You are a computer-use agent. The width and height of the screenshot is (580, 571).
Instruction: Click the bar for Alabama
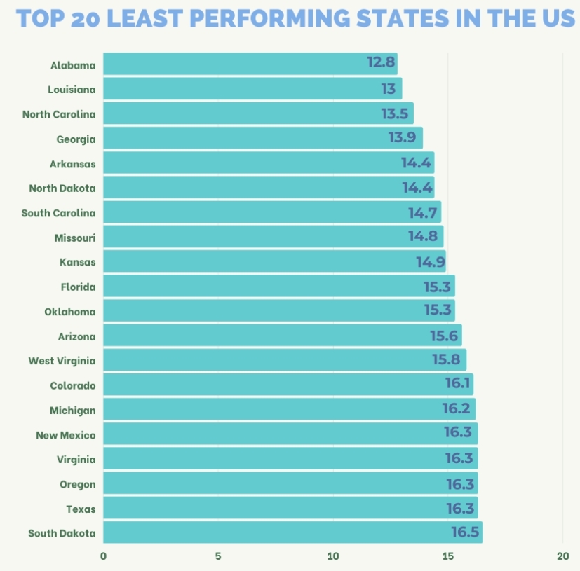coord(250,64)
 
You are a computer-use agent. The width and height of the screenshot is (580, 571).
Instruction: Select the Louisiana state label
coord(72,90)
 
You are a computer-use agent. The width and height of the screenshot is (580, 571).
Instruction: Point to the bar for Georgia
coord(262,138)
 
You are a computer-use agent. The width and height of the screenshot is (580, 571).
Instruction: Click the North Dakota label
coord(62,188)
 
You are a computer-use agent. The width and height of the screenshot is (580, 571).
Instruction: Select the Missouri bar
coord(273,237)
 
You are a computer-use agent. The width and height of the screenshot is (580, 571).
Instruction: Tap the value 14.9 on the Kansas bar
coord(430,262)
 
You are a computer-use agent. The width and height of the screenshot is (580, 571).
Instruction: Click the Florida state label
coord(78,287)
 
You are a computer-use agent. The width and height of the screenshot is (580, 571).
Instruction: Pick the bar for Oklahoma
coord(278,310)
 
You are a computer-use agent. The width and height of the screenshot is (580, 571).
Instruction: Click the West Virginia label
coord(62,361)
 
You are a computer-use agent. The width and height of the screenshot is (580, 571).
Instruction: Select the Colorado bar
coord(288,385)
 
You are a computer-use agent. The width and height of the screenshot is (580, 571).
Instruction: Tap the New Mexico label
coord(65,435)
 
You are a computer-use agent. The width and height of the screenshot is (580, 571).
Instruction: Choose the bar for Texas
coord(290,508)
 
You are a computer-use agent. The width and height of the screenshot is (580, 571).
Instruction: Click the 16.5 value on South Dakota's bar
coord(465,532)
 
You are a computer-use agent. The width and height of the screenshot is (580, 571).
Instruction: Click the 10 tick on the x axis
coord(332,556)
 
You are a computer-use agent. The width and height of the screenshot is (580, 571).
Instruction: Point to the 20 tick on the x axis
coord(562,556)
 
